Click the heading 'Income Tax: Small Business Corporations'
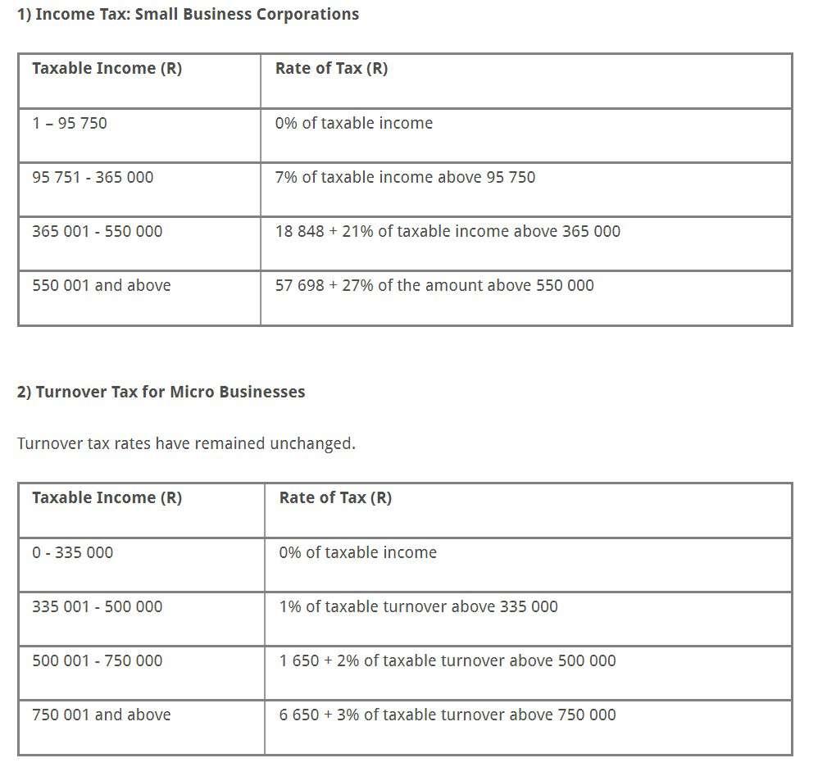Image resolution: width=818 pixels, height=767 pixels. (x=188, y=14)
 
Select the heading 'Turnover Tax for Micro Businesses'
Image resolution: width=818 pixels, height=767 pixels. (x=161, y=392)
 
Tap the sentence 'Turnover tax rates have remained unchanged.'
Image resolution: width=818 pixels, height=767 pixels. (x=186, y=443)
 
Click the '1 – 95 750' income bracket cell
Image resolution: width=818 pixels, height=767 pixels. (x=70, y=123)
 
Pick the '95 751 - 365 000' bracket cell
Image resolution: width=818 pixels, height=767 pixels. (x=93, y=177)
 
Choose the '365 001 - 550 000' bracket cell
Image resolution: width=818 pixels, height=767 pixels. (x=98, y=231)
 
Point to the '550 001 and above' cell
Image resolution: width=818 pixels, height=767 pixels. (x=102, y=285)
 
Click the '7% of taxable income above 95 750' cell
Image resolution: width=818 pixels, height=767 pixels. (x=405, y=177)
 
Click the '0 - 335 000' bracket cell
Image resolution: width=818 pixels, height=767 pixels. (x=73, y=552)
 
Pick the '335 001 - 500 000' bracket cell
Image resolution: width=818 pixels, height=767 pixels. (x=98, y=606)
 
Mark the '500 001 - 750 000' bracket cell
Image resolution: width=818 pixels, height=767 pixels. (x=98, y=660)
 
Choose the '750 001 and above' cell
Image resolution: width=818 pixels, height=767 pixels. (x=102, y=715)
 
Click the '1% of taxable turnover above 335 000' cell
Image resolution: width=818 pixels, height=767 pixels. (x=418, y=606)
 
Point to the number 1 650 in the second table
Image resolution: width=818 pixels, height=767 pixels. (x=299, y=660)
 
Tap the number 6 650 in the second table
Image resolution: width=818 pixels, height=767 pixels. (x=299, y=715)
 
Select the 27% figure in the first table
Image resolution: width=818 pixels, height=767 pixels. (x=357, y=285)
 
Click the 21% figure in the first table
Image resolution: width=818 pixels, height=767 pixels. (x=357, y=231)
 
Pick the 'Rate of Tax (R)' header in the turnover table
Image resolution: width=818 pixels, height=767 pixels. (x=335, y=497)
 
